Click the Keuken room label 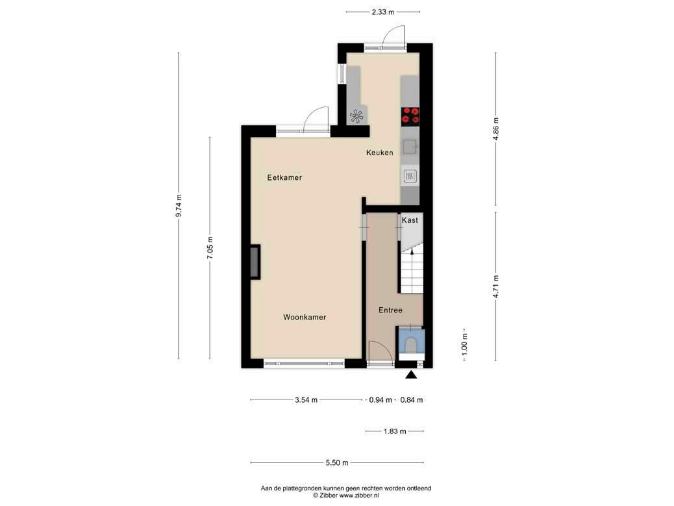pos(380,153)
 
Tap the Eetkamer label pos(284,177)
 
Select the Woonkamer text pos(305,317)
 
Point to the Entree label pos(390,310)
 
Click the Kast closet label pos(410,220)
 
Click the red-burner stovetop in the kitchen pos(410,116)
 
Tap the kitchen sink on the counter pos(410,147)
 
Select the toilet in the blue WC pos(411,345)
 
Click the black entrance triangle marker pos(412,375)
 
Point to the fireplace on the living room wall pos(255,262)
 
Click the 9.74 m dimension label pos(179,206)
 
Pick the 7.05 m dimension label pos(210,248)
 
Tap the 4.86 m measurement pos(495,129)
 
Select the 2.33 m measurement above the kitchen pos(383,12)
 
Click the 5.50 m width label pos(337,462)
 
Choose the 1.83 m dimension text pos(395,431)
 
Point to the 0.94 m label pos(381,400)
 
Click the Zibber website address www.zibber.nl pos(359,495)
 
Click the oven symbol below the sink pos(410,176)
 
